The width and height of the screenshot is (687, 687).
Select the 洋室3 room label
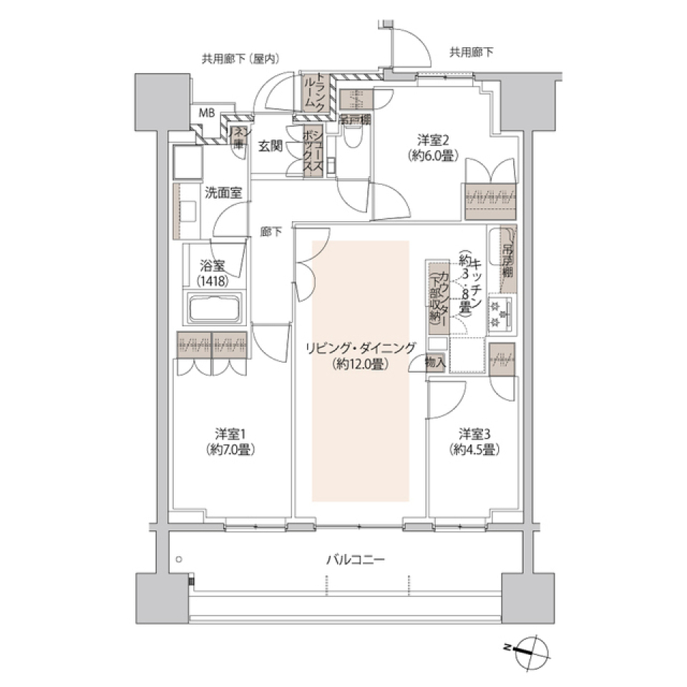474,434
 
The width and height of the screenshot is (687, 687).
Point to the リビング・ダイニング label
360,349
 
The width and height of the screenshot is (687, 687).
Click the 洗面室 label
223,192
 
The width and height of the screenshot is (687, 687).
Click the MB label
206,112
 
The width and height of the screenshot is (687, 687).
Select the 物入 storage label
435,363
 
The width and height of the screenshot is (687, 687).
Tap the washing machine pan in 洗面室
187,163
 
